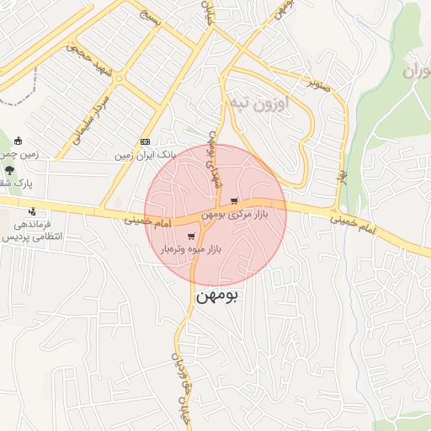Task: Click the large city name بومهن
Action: coord(218,297)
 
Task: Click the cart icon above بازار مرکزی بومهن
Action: coord(233,201)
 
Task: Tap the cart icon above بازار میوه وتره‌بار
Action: coord(192,237)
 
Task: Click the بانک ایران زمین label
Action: coord(145,156)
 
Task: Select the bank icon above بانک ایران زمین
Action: coord(145,141)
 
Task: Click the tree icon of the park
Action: coord(9,169)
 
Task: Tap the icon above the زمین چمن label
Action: coord(19,141)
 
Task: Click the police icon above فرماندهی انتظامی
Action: coord(32,211)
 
